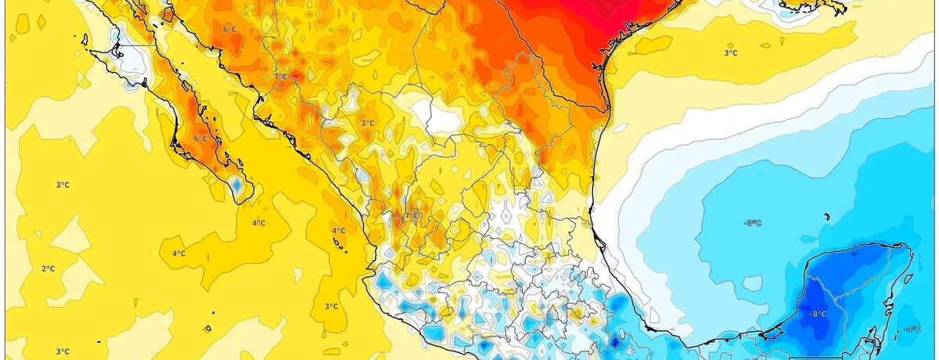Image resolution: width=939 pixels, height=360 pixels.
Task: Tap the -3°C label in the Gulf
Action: pyautogui.click(x=752, y=223)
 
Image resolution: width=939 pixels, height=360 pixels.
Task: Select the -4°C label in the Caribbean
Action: pyautogui.click(x=912, y=329)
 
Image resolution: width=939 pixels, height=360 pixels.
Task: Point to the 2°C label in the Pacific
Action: pyautogui.click(x=48, y=268)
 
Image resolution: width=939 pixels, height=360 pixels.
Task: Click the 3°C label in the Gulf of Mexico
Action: pyautogui.click(x=730, y=52)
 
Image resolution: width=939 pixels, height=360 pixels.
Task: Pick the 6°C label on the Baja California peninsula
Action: pyautogui.click(x=201, y=139)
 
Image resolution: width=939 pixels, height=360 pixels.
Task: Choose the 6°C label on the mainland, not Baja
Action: pyautogui.click(x=229, y=30)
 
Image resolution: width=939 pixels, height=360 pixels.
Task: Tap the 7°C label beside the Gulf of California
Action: pyautogui.click(x=280, y=76)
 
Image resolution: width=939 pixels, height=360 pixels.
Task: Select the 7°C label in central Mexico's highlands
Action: pyautogui.click(x=410, y=216)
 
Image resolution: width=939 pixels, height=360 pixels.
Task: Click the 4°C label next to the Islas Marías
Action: pyautogui.click(x=338, y=231)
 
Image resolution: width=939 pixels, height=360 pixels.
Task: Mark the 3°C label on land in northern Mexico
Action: pyautogui.click(x=366, y=123)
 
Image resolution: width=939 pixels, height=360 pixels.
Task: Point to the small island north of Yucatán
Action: pyautogui.click(x=826, y=218)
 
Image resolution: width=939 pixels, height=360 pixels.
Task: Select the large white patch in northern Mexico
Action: pyautogui.click(x=434, y=117)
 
